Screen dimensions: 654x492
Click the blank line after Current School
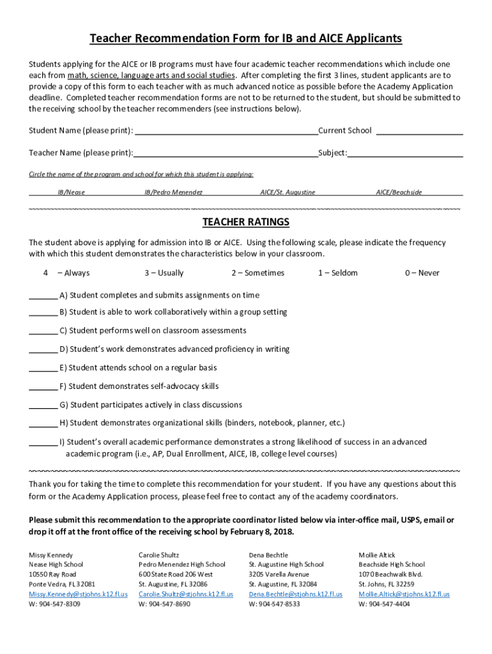click(419, 132)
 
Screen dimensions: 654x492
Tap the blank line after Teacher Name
click(226, 154)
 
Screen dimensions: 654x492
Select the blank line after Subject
click(405, 154)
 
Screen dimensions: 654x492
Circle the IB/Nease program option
click(71, 192)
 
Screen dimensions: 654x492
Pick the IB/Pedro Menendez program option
click(173, 192)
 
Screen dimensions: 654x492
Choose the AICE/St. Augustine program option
click(288, 192)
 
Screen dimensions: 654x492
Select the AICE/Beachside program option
click(399, 192)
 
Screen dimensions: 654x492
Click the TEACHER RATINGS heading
click(246, 222)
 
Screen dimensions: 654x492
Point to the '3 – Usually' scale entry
click(164, 273)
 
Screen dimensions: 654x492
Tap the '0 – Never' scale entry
click(422, 273)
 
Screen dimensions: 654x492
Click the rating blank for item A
click(43, 296)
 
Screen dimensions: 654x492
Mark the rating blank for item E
click(43, 369)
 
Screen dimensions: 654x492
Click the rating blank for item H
click(43, 424)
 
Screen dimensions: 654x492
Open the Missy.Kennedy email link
click(78, 594)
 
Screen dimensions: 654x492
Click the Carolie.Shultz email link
click(186, 594)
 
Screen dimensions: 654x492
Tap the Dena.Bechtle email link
click(295, 594)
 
